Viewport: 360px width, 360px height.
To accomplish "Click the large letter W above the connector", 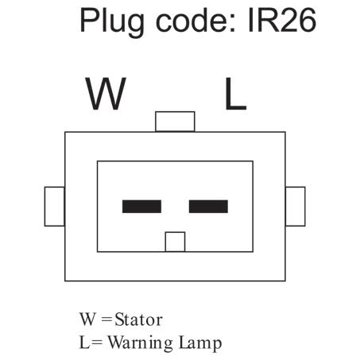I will pos(106,95).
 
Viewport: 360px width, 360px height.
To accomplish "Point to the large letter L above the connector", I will pos(234,95).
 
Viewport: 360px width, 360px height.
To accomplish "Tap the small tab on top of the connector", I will pos(175,122).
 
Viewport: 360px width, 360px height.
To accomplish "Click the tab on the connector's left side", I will pos(54,206).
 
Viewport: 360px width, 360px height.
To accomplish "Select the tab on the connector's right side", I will pos(296,206).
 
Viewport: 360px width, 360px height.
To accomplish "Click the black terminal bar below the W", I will pos(141,207).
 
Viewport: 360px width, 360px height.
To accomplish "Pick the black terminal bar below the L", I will pos(208,207).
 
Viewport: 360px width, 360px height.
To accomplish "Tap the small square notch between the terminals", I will pos(175,242).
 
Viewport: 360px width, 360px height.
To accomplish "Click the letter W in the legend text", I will pos(87,320).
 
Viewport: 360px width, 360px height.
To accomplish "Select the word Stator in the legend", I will pos(139,320).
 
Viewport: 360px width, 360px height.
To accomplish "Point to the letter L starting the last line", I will pos(83,343).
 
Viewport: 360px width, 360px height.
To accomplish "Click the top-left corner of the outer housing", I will pos(65,132).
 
